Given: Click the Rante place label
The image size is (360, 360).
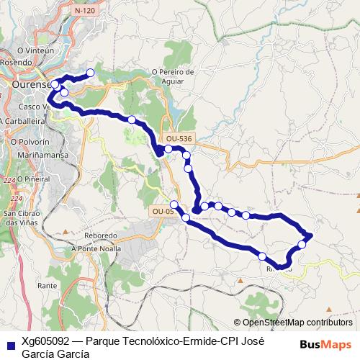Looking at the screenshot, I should click(x=48, y=286).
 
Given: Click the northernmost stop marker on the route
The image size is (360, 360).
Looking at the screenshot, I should click(x=91, y=73).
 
